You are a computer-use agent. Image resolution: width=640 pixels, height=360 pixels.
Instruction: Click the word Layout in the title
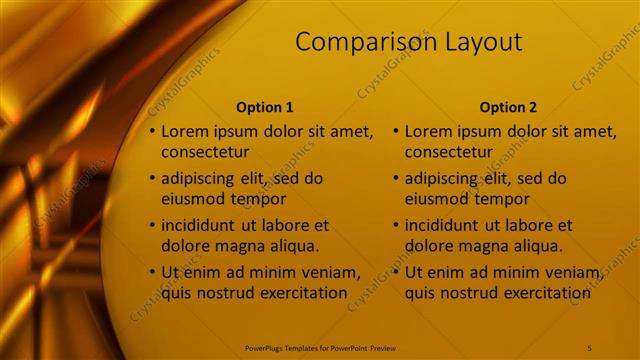pos(484,42)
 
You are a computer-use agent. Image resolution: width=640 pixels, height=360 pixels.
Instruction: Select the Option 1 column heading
pos(265,107)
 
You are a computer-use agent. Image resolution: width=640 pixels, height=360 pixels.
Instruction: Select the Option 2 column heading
pos(508,107)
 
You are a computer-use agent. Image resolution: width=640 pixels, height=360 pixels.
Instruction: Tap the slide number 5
pos(589,347)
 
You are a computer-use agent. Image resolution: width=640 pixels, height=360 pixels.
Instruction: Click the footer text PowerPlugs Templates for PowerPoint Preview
pos(319,347)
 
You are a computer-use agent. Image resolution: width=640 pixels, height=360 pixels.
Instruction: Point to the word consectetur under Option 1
pos(205,153)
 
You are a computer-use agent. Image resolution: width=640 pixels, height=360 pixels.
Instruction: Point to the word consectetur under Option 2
pos(449,153)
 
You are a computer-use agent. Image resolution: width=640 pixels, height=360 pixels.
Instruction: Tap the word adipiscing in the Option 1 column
pos(202,179)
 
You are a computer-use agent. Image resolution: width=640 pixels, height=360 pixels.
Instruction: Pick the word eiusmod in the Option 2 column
pos(437,199)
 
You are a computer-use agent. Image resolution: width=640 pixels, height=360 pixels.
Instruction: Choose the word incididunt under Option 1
pos(203,225)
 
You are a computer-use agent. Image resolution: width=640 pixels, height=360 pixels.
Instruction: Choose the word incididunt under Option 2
pos(447,225)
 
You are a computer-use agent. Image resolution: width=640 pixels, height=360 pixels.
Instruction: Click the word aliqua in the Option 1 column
pos(293,246)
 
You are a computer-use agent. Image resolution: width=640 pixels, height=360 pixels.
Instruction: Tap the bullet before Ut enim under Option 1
pos(152,272)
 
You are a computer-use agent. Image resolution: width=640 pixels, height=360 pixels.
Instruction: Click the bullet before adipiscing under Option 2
pos(396,179)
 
